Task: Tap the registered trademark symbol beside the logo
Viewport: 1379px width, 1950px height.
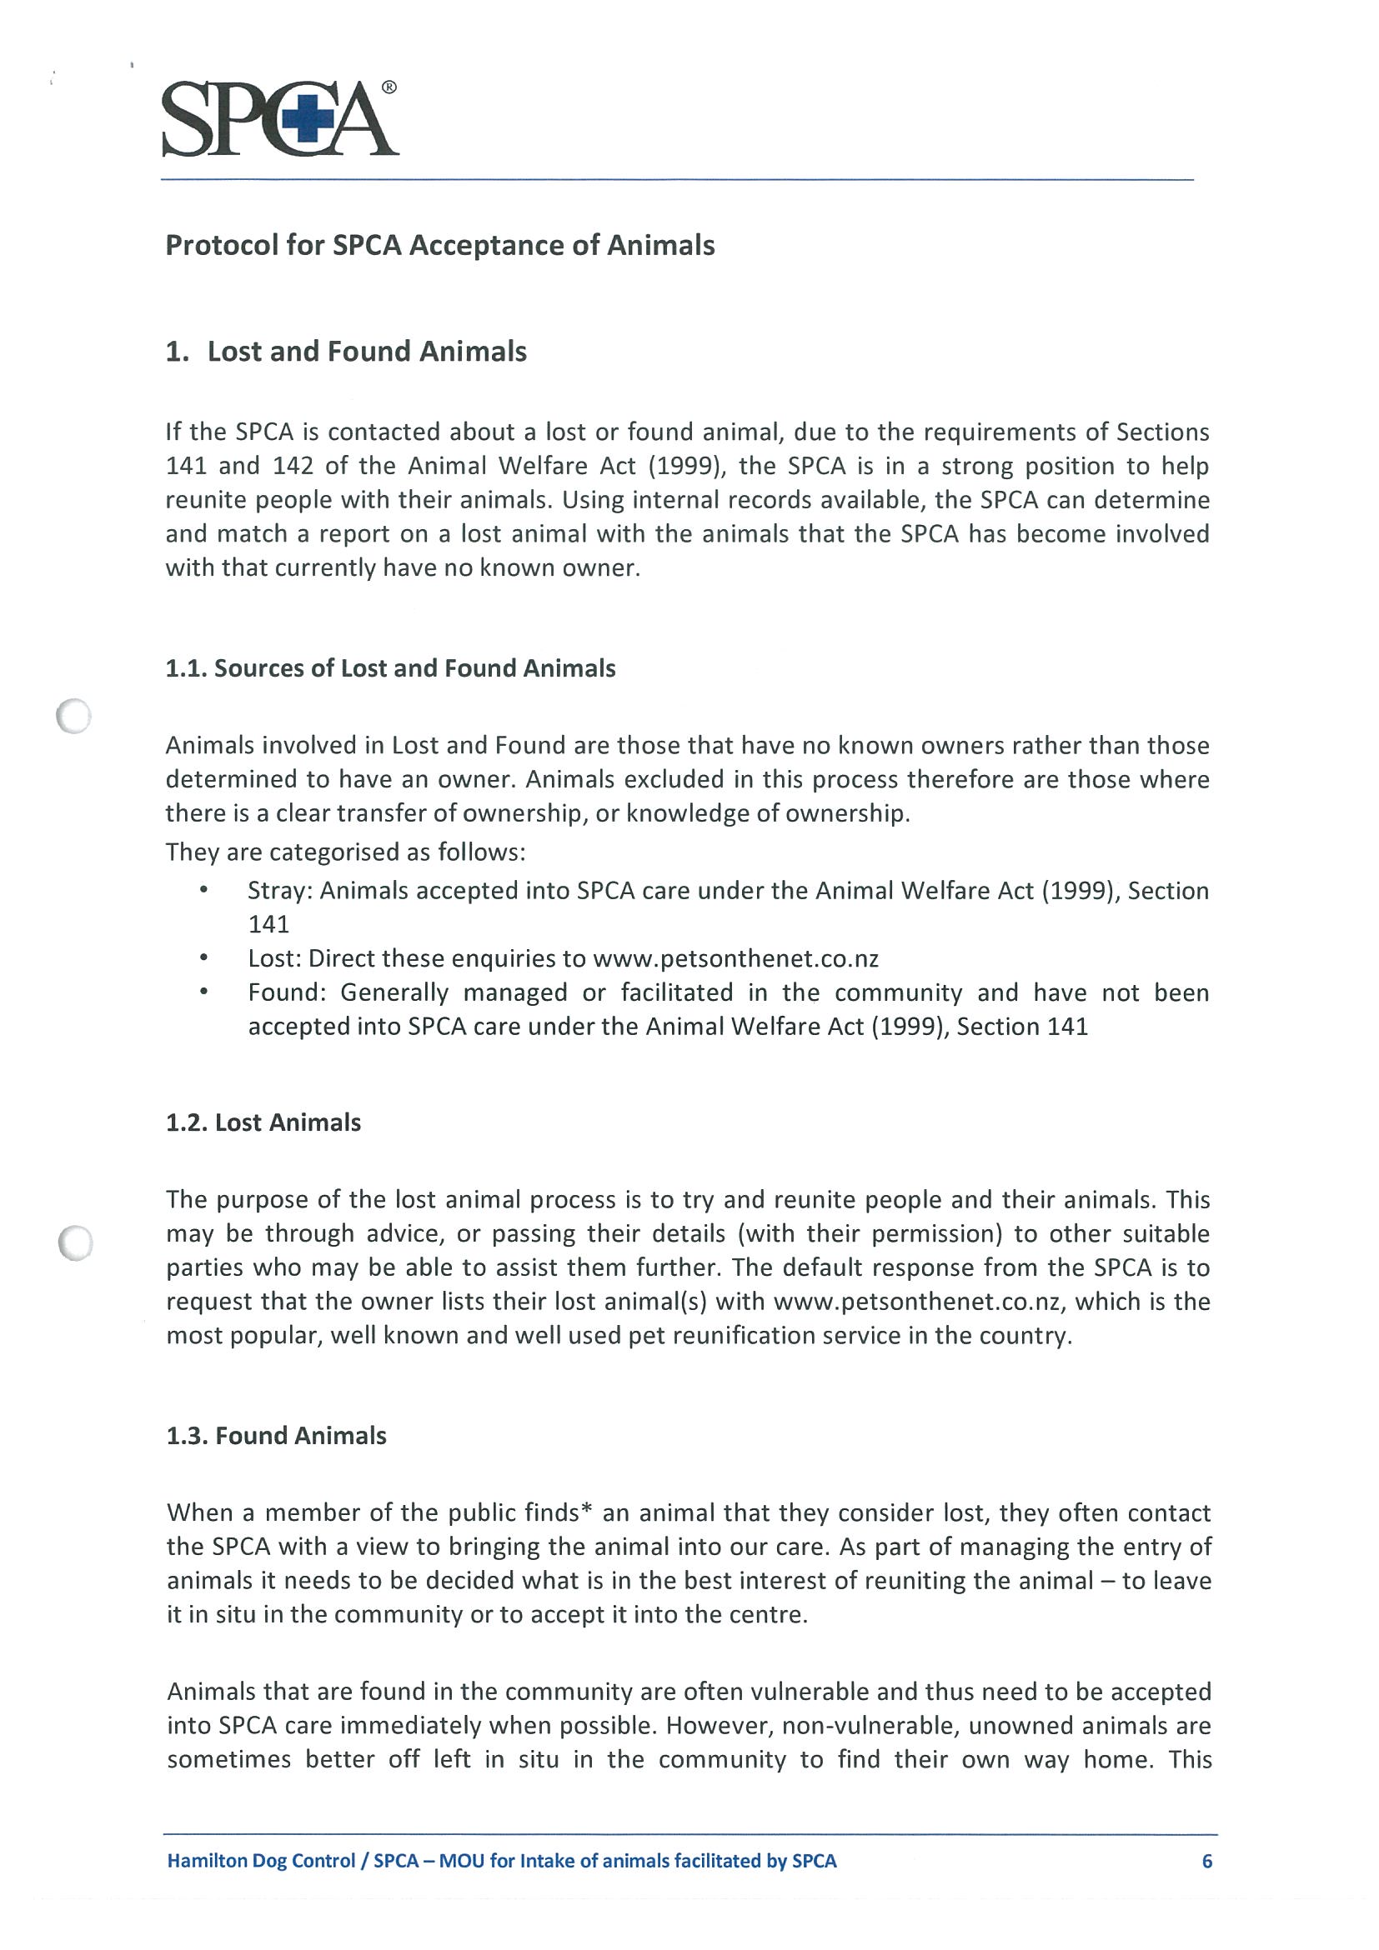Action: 389,87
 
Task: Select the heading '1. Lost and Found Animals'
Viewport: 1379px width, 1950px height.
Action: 346,352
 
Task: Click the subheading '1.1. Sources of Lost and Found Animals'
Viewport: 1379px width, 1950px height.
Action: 390,668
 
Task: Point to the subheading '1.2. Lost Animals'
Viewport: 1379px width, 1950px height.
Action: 263,1122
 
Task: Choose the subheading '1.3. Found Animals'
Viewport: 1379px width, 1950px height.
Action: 276,1436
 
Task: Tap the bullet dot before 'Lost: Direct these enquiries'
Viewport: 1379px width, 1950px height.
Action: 204,958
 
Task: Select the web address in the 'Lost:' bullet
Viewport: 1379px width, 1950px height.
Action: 735,959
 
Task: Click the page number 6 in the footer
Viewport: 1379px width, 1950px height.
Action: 1206,1861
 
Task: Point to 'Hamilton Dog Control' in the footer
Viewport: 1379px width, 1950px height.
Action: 261,1861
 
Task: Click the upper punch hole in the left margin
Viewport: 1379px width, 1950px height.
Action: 74,716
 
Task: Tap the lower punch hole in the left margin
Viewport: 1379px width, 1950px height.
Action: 76,1243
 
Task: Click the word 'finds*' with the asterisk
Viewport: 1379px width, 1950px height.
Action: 549,1513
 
